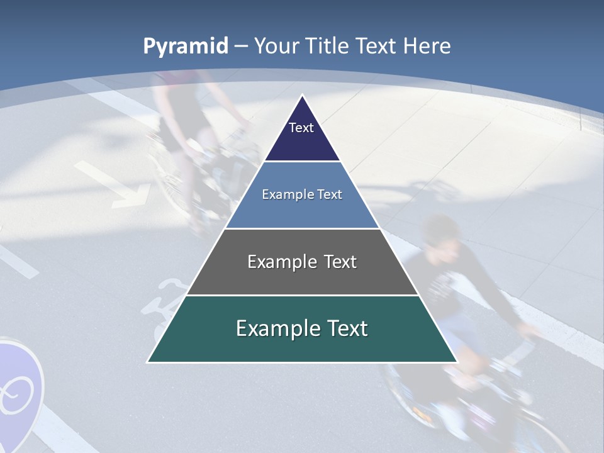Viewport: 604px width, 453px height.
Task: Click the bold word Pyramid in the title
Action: [186, 47]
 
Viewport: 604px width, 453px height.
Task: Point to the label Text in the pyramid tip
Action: [301, 128]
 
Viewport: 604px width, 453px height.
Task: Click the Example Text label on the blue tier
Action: [302, 194]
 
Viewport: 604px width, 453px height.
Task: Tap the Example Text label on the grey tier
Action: [302, 262]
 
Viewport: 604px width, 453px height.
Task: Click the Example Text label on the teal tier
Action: [302, 328]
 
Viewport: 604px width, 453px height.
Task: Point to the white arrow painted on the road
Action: [113, 182]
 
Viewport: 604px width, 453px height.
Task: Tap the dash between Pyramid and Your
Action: [241, 47]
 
